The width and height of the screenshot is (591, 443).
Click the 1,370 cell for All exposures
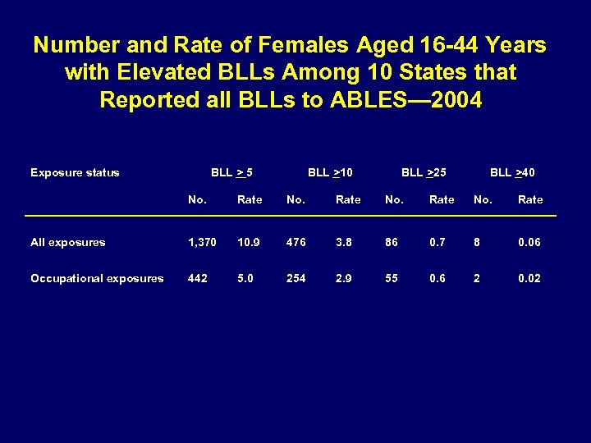tap(202, 242)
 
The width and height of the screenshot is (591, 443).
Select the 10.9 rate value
tap(249, 242)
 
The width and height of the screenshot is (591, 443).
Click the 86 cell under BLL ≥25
tap(392, 242)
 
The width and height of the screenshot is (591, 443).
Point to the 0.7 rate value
tap(440, 242)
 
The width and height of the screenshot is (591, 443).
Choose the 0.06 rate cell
tap(529, 242)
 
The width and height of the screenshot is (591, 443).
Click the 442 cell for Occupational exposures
tap(198, 278)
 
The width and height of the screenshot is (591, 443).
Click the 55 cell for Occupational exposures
tap(392, 278)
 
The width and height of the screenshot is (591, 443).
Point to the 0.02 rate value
tap(529, 278)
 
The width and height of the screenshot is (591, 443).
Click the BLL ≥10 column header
tap(330, 172)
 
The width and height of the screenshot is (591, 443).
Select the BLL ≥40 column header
tap(512, 172)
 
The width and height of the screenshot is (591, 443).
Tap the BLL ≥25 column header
tap(424, 172)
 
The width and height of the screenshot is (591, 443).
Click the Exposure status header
tap(75, 172)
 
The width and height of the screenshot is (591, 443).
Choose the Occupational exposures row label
tap(97, 278)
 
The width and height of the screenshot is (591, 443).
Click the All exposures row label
tap(67, 242)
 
